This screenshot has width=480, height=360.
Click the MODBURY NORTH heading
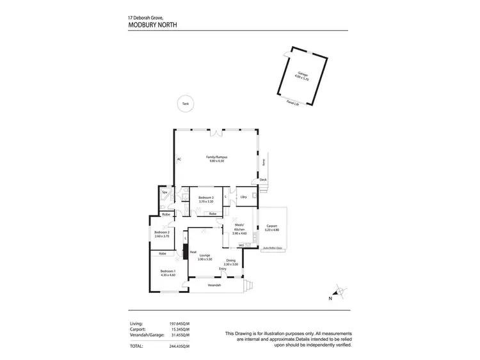click(x=152, y=26)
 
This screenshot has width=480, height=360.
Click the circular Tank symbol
click(x=185, y=103)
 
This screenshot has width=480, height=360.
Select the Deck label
click(x=262, y=180)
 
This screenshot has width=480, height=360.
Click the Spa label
click(x=164, y=192)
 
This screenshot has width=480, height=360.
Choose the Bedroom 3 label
click(x=205, y=199)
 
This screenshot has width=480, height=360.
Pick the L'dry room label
click(x=244, y=197)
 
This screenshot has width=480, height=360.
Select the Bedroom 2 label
click(x=162, y=233)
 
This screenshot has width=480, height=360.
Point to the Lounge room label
click(x=205, y=256)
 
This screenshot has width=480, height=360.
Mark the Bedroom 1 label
click(x=168, y=272)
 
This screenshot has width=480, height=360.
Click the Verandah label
click(x=213, y=285)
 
